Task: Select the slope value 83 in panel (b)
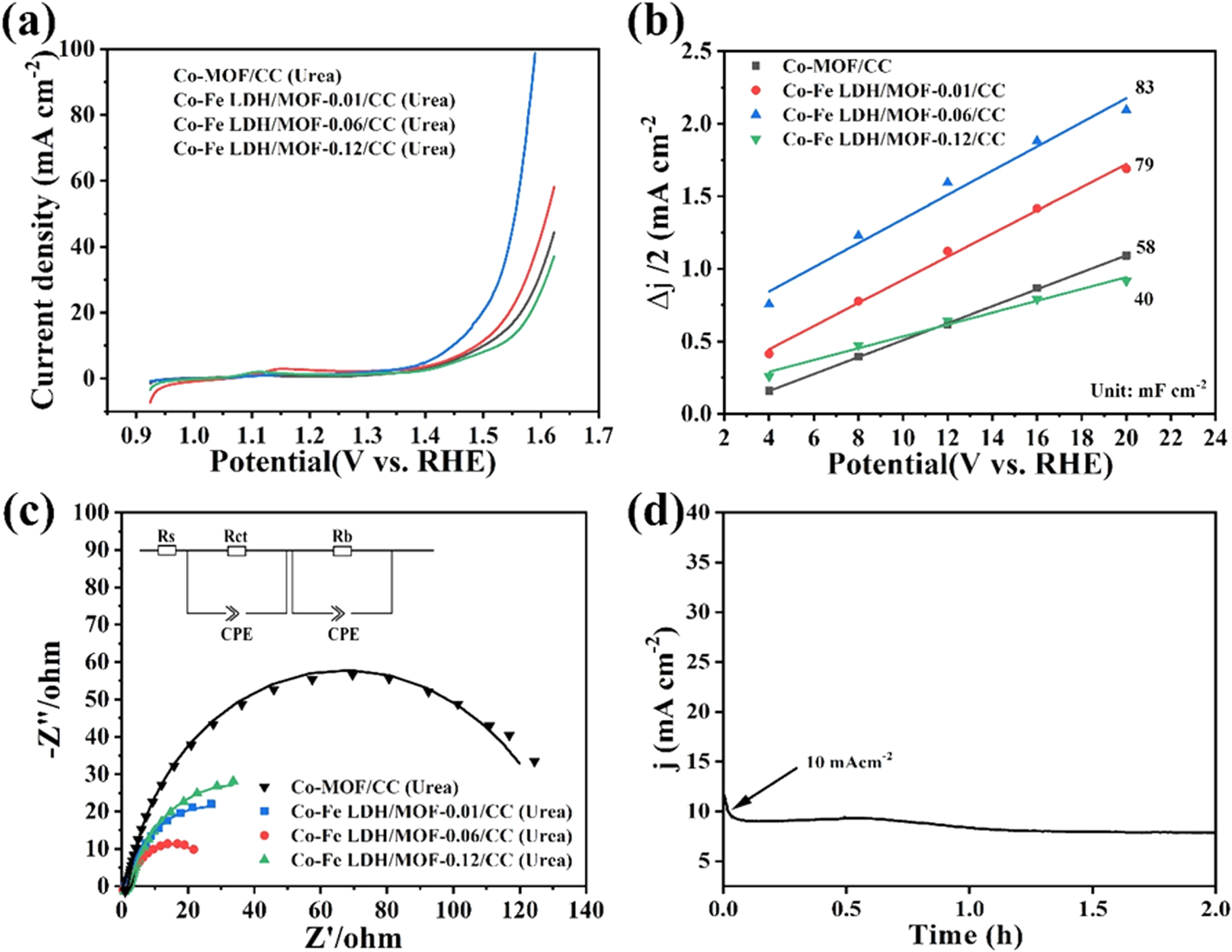click(x=1144, y=87)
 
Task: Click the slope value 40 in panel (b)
click(x=1143, y=299)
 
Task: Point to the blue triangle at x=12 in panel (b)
click(x=947, y=182)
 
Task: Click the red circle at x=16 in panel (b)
click(x=1036, y=209)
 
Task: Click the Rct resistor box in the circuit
click(x=236, y=551)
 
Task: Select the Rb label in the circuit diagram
click(x=343, y=536)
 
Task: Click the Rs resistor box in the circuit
click(x=167, y=551)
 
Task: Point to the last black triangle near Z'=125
click(x=534, y=763)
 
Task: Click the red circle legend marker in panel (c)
click(x=265, y=836)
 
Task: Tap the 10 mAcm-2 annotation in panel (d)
click(x=849, y=762)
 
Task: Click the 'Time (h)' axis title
click(x=966, y=934)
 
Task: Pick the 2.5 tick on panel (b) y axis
click(x=697, y=51)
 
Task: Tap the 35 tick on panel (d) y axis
click(x=699, y=562)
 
